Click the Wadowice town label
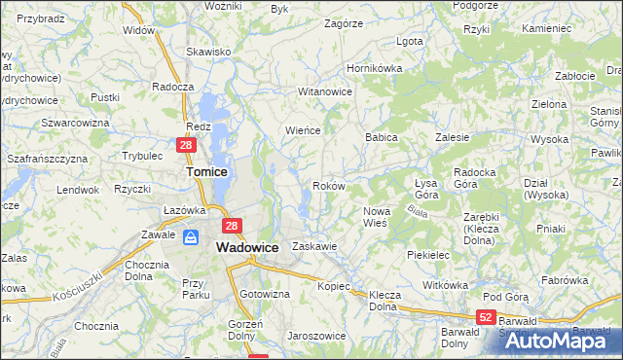[246, 248]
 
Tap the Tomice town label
[207, 171]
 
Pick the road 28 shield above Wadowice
[231, 227]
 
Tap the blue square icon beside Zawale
[192, 236]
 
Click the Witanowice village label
[324, 91]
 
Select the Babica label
[382, 138]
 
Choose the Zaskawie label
[313, 246]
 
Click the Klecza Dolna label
[385, 300]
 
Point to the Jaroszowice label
[315, 336]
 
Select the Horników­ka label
[375, 69]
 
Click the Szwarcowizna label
[74, 123]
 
